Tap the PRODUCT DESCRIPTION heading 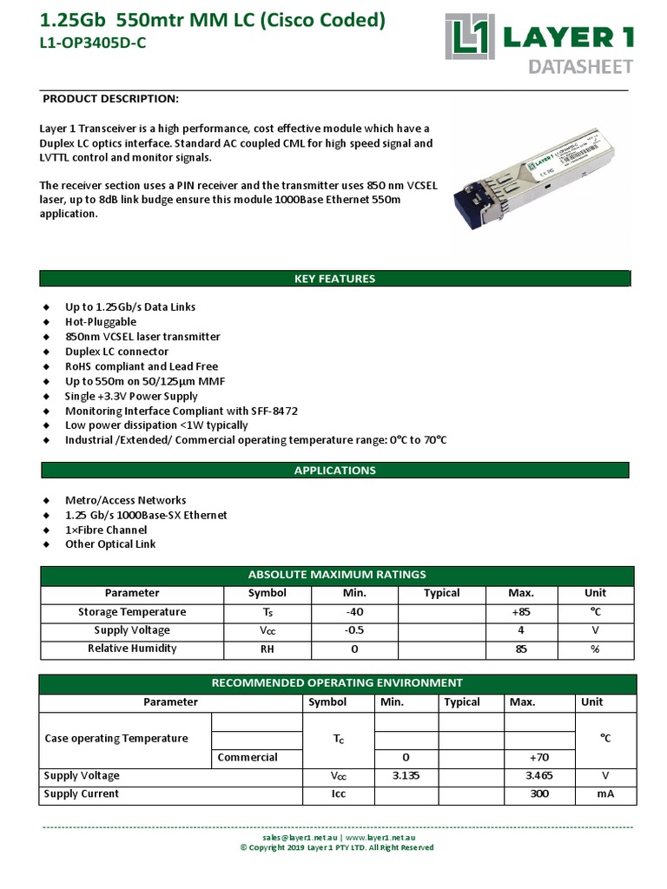coord(110,98)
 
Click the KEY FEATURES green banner coord(334,279)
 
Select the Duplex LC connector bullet coord(116,351)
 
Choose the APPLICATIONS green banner coord(334,470)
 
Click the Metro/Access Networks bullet coord(125,500)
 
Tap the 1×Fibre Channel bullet coord(106,530)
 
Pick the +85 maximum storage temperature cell coord(520,612)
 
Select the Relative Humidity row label coord(132,649)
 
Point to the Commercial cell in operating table coord(248,757)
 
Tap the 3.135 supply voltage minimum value coord(406,775)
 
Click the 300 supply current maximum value coord(538,794)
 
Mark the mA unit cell coord(605,794)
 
